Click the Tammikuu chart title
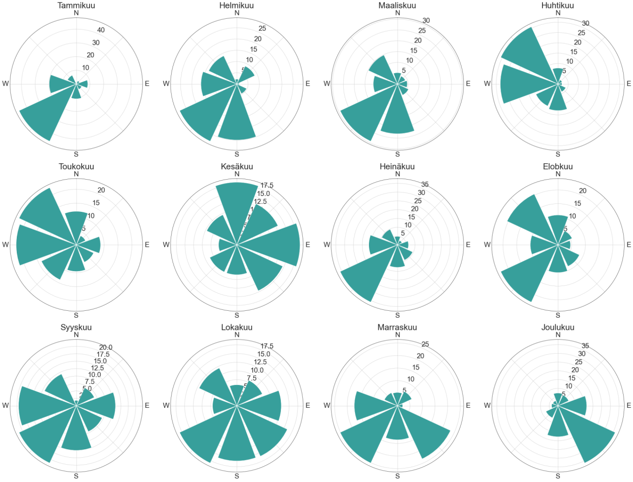(x=76, y=5)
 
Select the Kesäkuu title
(x=237, y=166)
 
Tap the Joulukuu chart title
(x=558, y=327)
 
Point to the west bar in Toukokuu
(x=40, y=244)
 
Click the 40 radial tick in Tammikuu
(x=101, y=30)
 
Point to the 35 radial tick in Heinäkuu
(x=425, y=185)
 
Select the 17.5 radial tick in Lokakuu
(x=267, y=346)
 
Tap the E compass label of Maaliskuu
(x=468, y=84)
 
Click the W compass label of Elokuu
(x=487, y=244)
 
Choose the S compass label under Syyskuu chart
(x=76, y=476)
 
